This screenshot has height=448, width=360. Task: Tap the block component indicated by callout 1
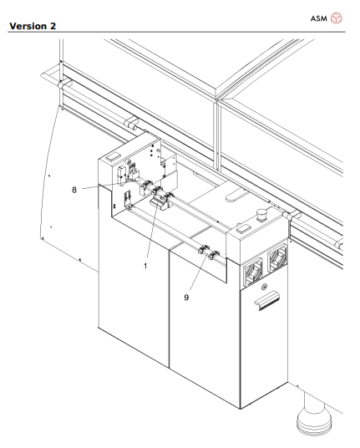coord(158,203)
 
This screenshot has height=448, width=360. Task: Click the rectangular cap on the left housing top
coord(112,156)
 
